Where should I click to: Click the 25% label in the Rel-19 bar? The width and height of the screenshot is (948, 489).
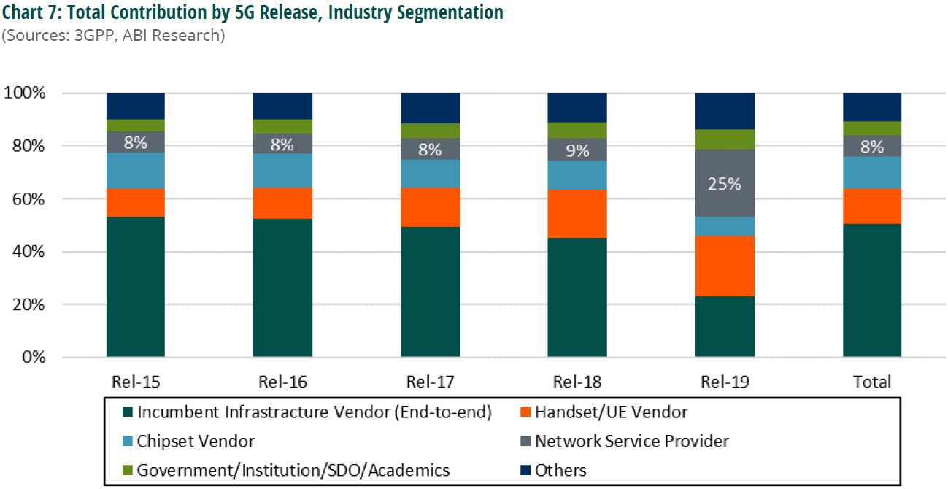pyautogui.click(x=724, y=184)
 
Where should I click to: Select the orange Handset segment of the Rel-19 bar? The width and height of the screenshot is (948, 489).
pyautogui.click(x=724, y=266)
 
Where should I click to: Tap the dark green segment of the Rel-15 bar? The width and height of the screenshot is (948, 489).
pyautogui.click(x=136, y=287)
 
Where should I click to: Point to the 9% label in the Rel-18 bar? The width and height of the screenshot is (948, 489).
pyautogui.click(x=577, y=150)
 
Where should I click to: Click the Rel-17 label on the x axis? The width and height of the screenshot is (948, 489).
pyautogui.click(x=430, y=382)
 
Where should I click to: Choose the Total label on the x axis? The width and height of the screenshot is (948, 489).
pyautogui.click(x=872, y=382)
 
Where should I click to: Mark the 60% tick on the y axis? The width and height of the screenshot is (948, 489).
pyautogui.click(x=26, y=199)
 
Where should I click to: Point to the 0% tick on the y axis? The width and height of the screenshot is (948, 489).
pyautogui.click(x=31, y=358)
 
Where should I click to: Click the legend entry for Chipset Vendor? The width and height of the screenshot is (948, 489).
pyautogui.click(x=196, y=442)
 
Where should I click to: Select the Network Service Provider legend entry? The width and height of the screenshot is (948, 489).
pyautogui.click(x=631, y=442)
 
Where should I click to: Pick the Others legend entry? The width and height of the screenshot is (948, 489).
pyautogui.click(x=560, y=471)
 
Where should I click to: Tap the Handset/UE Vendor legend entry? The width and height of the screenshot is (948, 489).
pyautogui.click(x=611, y=412)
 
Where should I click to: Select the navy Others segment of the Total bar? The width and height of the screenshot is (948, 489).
pyautogui.click(x=872, y=107)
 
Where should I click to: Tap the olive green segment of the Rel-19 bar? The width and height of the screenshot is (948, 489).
pyautogui.click(x=724, y=139)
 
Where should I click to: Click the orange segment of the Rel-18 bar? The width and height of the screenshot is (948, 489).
pyautogui.click(x=577, y=213)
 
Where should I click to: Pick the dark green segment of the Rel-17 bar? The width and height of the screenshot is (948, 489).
pyautogui.click(x=430, y=292)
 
